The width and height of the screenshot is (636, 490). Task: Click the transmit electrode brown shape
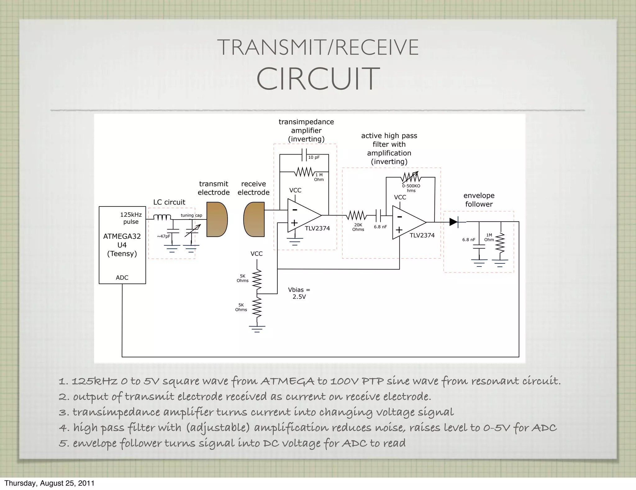click(x=217, y=220)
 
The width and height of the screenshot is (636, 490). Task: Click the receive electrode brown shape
click(x=254, y=220)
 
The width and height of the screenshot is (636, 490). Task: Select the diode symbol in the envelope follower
click(x=454, y=222)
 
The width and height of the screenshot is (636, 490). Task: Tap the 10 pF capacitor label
click(x=314, y=157)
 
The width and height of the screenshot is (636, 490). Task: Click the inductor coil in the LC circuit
click(x=162, y=217)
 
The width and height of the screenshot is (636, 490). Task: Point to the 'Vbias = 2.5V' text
click(x=299, y=293)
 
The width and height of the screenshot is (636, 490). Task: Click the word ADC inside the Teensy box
click(x=122, y=278)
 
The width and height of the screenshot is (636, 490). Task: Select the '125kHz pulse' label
click(x=131, y=218)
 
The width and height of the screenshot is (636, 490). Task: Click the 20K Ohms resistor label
click(x=358, y=227)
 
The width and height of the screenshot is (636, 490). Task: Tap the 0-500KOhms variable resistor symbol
click(x=411, y=177)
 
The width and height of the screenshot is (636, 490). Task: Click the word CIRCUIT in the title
click(x=318, y=79)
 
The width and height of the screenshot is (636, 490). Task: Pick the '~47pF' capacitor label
click(x=163, y=236)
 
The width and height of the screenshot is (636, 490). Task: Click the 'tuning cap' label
click(x=191, y=215)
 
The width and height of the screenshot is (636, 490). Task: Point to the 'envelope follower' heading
click(x=479, y=200)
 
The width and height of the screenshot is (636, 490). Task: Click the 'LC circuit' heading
click(x=169, y=202)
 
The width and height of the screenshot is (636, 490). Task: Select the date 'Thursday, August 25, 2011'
click(x=49, y=483)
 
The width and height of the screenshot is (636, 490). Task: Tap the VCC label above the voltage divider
click(x=257, y=254)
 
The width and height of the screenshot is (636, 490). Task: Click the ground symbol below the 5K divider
click(x=257, y=329)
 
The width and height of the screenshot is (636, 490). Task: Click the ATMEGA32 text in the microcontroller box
click(x=122, y=236)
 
